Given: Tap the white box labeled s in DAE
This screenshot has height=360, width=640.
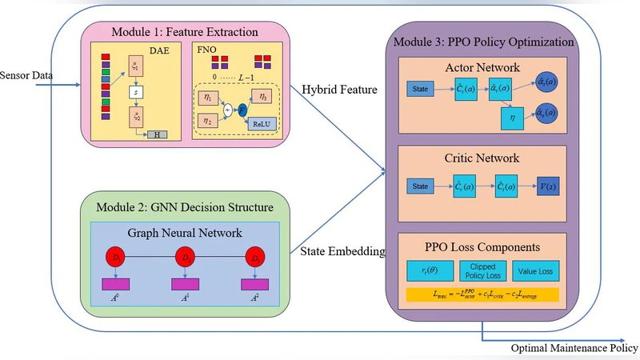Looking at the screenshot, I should click(135, 92).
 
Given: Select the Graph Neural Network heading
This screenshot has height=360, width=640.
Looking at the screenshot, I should click(186, 234).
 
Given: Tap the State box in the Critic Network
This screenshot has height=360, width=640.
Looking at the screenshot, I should click(420, 188).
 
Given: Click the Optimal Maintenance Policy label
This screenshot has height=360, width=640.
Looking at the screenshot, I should click(574, 348).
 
